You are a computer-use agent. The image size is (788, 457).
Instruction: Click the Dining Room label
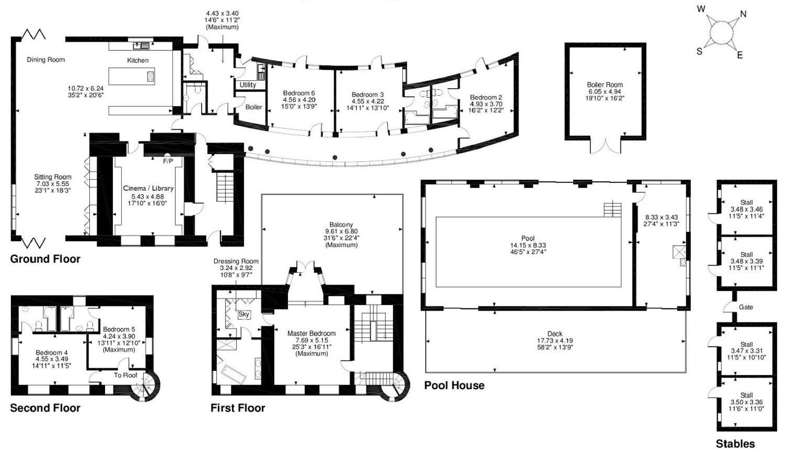coord(46,60)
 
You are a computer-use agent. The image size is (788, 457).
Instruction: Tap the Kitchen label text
coord(138,60)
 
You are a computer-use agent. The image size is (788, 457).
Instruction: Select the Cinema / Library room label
coord(148,189)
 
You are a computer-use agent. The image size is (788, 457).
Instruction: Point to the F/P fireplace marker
coord(168,161)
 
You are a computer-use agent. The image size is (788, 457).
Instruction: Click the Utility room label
coord(247,85)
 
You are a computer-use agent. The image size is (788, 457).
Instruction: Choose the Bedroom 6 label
coord(299,93)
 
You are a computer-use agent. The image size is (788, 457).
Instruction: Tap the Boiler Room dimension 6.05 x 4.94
coord(605,91)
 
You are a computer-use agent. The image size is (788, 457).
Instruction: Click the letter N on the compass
coord(743,14)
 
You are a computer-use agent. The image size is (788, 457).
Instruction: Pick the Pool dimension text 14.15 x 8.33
coord(528,245)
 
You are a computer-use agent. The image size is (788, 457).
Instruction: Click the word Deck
coord(555,334)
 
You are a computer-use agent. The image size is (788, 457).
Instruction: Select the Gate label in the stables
coord(746,307)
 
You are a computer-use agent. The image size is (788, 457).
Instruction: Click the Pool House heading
coord(454,385)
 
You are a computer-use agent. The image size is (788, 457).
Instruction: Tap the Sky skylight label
coord(243,314)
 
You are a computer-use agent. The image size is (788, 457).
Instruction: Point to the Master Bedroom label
coord(312,334)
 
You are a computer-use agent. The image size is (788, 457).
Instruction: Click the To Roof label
coord(125,376)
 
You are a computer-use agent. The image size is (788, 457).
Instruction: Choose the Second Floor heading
coord(45,408)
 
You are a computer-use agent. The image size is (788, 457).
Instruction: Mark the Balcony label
coord(341,225)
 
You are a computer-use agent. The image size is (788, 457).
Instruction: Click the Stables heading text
coord(735,444)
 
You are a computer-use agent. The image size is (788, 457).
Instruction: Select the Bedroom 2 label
coord(486,98)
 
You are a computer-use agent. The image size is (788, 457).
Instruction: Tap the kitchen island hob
coord(151,76)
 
